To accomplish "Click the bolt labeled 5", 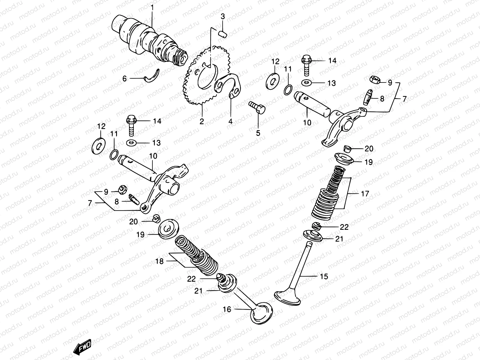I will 258,108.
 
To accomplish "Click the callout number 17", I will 365,194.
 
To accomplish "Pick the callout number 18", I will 160,261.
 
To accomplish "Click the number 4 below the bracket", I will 230,121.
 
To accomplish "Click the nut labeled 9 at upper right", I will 375,80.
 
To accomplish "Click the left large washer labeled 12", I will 98,145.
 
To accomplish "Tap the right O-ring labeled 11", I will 288,89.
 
